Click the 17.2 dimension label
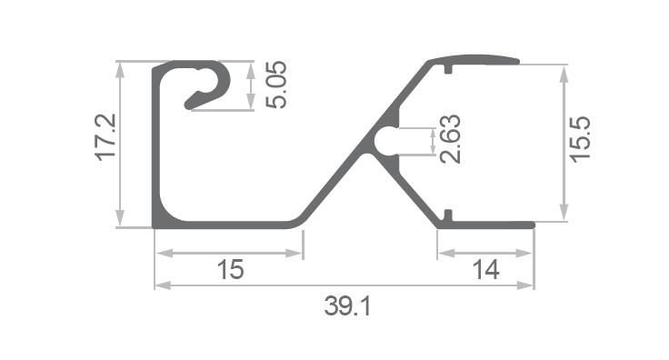tap(105, 137)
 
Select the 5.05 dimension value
tap(276, 85)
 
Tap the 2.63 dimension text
tap(451, 139)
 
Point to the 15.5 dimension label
tap(580, 139)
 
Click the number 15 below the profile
tap(230, 270)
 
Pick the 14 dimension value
tap(486, 270)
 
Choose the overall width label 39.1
tap(348, 306)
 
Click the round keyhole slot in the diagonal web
tap(386, 141)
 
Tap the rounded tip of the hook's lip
tap(188, 105)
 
